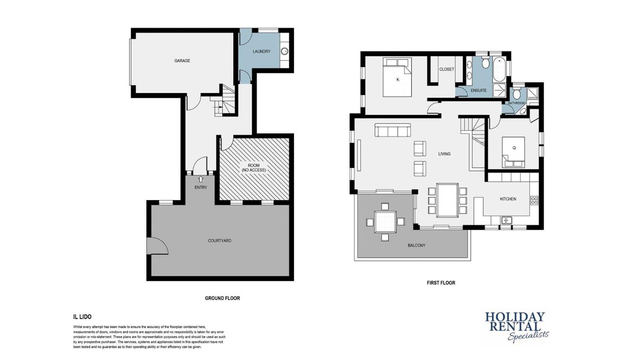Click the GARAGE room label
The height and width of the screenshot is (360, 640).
click(182, 61)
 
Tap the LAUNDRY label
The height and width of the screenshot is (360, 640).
click(261, 51)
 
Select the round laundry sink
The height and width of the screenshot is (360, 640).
click(284, 51)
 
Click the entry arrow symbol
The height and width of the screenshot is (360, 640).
click(200, 179)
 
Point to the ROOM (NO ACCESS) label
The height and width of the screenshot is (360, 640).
click(254, 168)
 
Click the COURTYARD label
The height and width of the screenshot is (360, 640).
click(219, 241)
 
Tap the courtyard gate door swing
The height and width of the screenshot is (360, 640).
click(157, 246)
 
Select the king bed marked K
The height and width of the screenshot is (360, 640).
click(397, 77)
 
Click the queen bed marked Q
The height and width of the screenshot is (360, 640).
click(513, 152)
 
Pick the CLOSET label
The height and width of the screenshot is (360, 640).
click(447, 69)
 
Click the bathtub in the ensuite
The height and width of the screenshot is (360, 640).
click(499, 69)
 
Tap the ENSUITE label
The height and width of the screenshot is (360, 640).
click(479, 90)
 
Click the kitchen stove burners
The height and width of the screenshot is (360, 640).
click(534, 200)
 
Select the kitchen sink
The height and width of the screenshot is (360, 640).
click(507, 220)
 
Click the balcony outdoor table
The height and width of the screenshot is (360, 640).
click(385, 222)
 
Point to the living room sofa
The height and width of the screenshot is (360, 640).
click(393, 130)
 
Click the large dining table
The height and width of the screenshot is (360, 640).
click(447, 200)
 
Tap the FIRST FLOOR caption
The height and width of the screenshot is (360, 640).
click(441, 283)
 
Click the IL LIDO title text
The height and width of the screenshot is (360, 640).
click(82, 317)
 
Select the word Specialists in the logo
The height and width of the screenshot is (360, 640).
click(528, 336)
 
